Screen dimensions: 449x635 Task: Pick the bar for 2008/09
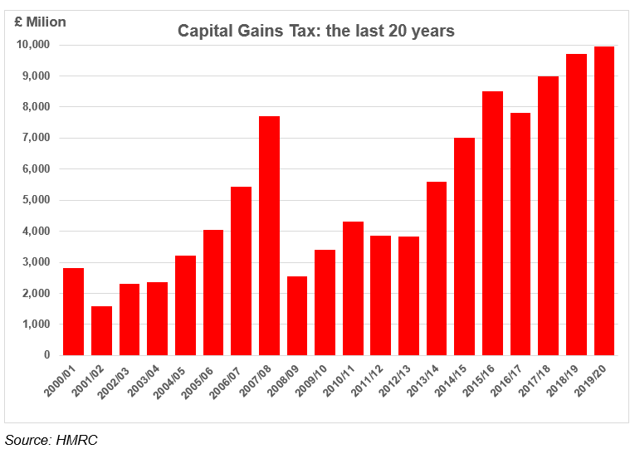[297, 315]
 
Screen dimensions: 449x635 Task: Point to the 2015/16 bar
[492, 223]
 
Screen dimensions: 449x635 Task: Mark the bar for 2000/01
[74, 311]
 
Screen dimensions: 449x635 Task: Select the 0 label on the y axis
[46, 355]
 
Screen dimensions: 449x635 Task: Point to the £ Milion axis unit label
[40, 22]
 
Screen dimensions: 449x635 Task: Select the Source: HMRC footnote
[51, 439]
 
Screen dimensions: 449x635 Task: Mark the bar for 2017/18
[548, 216]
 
